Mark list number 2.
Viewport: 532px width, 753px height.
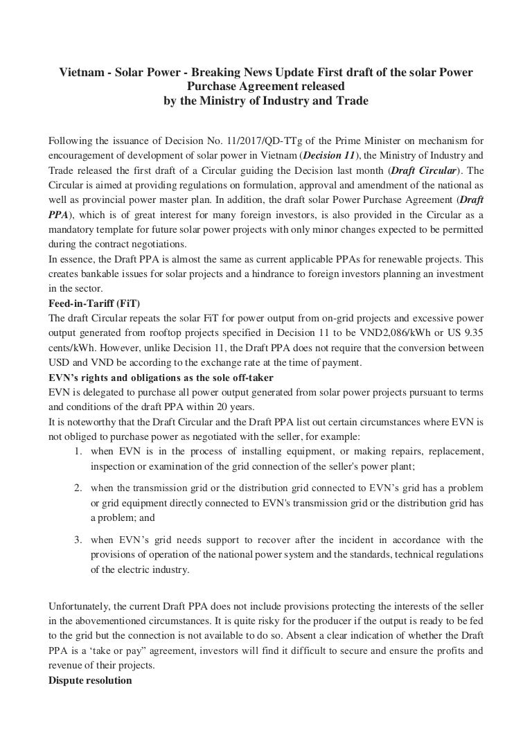[78, 488]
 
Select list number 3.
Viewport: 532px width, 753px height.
[78, 539]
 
